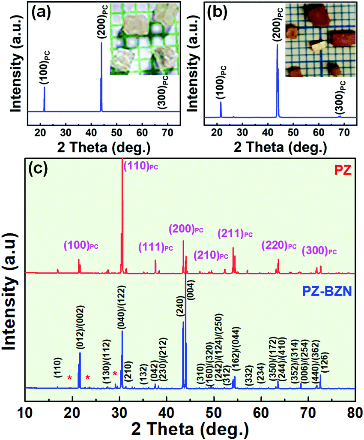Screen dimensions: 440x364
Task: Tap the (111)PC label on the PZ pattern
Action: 156,247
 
